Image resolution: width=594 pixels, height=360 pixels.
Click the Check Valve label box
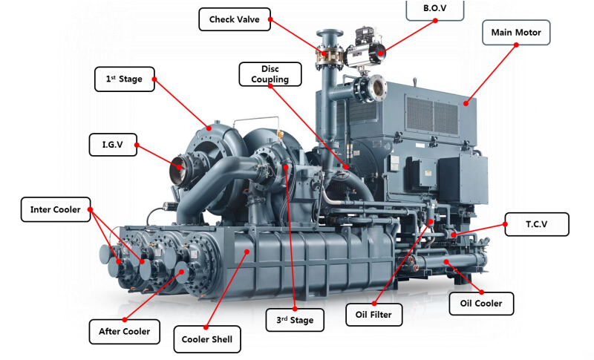pos(235,19)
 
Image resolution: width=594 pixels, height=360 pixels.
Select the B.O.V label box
pos(435,10)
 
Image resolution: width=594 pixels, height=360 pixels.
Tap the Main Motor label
pos(516,33)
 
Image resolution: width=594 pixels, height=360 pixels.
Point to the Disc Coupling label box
pos(270,74)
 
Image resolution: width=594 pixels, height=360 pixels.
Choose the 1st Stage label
pos(125,79)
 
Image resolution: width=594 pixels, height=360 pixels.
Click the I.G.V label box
pos(113,145)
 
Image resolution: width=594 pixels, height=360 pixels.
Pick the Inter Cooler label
pos(56,209)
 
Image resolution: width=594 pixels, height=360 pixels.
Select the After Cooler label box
pos(125,332)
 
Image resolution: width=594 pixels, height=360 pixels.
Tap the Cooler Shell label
pos(207,339)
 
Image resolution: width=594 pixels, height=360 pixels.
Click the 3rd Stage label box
pos(295,320)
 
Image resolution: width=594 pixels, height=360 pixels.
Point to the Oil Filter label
pos(374,315)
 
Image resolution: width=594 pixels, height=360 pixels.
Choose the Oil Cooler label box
pos(481,304)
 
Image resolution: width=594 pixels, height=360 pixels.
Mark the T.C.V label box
pos(537,224)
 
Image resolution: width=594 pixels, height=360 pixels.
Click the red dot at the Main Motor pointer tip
pos(466,103)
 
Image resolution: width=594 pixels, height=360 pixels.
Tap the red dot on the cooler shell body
pos(247,252)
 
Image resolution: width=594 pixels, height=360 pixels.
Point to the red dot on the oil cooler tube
pos(446,261)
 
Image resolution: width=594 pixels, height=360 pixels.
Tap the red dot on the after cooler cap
pos(182,272)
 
